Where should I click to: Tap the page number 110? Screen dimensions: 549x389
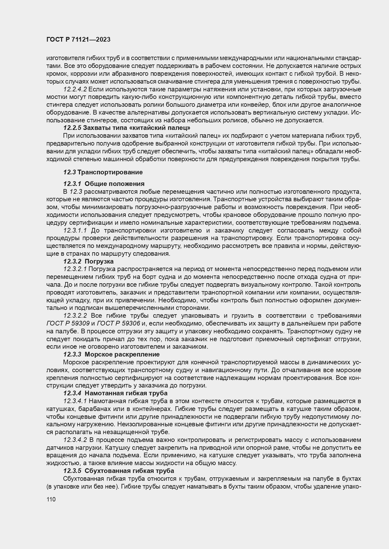pos(51,500)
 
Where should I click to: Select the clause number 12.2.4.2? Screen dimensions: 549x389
pos(75,90)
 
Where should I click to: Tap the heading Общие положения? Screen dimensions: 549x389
pos(114,184)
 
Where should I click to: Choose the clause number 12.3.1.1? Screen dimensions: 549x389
pos(75,231)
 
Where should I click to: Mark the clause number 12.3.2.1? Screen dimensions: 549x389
pos(75,269)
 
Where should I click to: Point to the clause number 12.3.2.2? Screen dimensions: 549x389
pos(75,316)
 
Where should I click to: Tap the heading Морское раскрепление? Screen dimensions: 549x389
pos(122,354)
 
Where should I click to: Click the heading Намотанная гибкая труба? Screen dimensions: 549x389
pos(126,393)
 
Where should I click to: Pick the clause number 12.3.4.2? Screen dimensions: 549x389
pos(75,440)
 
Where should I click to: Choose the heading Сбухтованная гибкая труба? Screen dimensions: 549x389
pos(129,471)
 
